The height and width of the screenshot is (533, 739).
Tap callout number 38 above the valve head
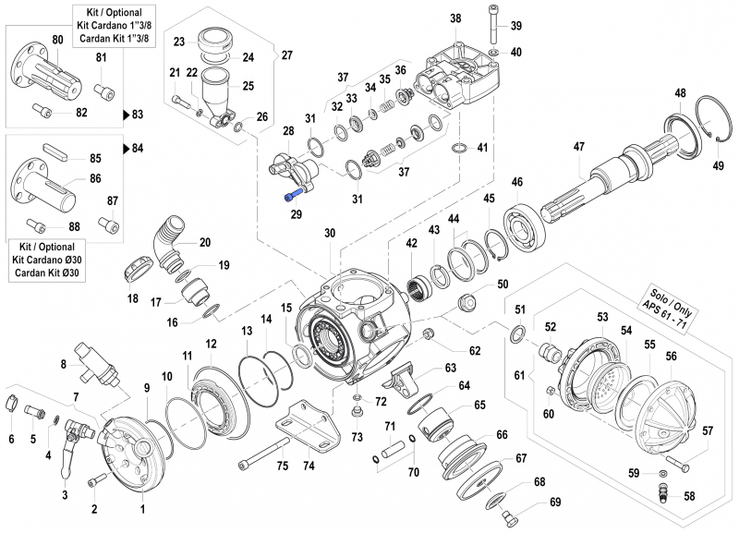(454, 18)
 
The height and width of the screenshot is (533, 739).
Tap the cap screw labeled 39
(490, 28)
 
